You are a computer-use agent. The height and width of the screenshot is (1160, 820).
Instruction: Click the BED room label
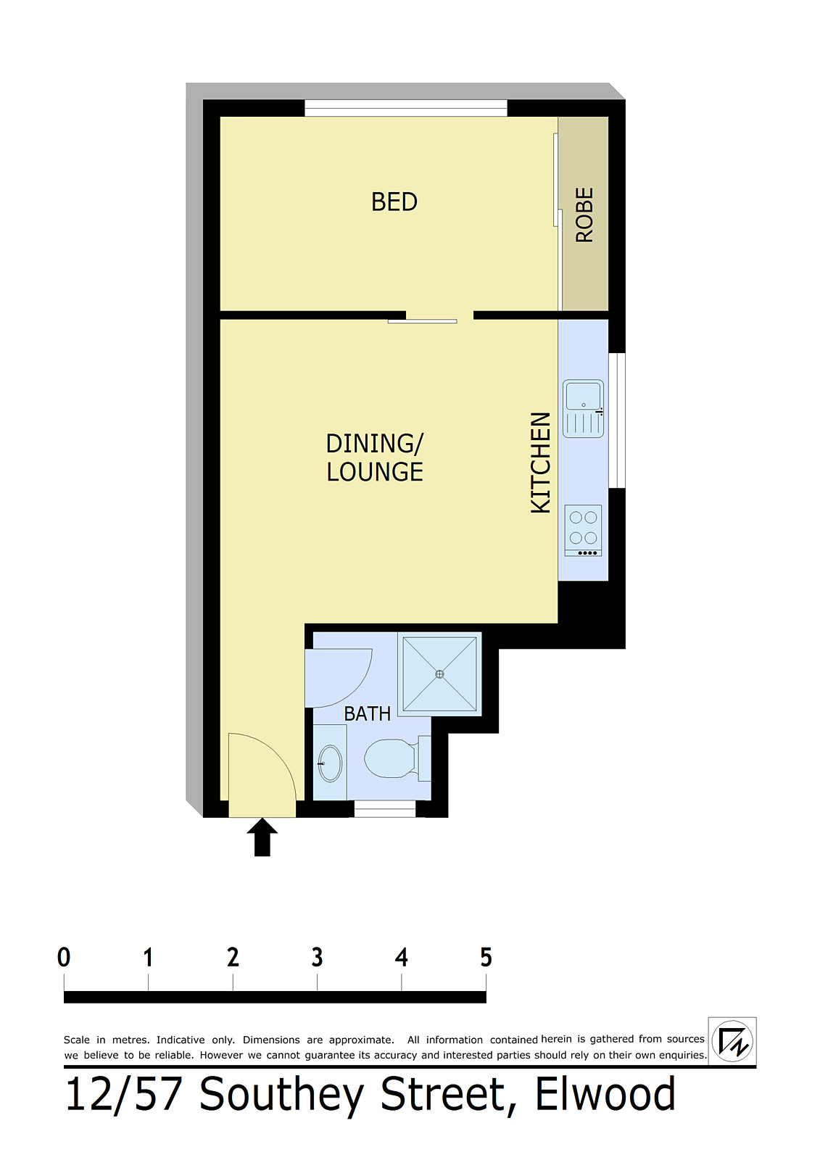click(394, 202)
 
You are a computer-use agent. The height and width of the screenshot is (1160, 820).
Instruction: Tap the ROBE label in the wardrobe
click(584, 215)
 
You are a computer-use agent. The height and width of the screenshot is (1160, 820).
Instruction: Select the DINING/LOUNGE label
click(375, 457)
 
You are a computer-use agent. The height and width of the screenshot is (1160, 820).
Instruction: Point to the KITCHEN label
click(541, 463)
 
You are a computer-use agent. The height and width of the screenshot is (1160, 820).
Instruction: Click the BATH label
click(368, 714)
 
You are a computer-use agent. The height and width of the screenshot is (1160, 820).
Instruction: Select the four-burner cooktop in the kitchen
click(583, 531)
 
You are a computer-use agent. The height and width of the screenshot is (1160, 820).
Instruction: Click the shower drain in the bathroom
click(440, 674)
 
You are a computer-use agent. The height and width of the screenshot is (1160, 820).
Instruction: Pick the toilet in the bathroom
click(397, 758)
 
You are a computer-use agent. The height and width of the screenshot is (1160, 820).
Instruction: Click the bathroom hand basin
click(329, 763)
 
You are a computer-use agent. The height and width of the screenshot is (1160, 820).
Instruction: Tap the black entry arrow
click(262, 837)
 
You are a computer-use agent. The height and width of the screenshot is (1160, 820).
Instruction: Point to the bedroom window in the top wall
click(405, 108)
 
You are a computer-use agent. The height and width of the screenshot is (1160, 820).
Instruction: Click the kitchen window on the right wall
click(616, 420)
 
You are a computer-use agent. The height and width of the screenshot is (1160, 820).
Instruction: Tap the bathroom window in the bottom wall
click(385, 809)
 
